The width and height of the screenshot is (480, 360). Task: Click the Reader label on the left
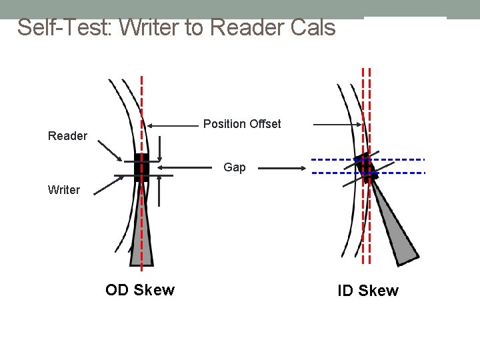(x=67, y=136)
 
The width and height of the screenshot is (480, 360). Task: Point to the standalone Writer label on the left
(x=63, y=190)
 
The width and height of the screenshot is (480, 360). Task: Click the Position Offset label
(x=242, y=124)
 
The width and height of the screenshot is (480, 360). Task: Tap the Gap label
(x=234, y=167)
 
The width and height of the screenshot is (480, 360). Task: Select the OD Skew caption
(x=140, y=290)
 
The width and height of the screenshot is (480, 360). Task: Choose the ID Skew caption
(x=368, y=291)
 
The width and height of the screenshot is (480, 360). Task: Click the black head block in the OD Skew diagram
(x=141, y=167)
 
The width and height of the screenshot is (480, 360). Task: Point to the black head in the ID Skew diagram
(x=366, y=167)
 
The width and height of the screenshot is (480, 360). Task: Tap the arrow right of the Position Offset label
(x=337, y=125)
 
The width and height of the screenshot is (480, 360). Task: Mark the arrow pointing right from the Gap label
(x=284, y=169)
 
